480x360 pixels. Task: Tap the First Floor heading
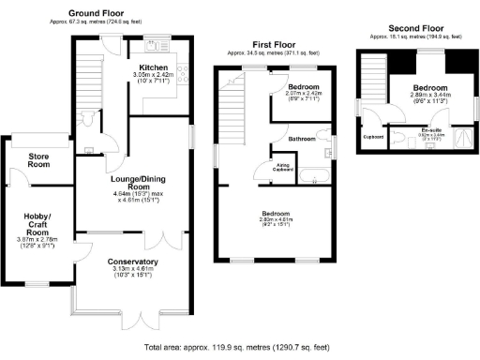click(275, 44)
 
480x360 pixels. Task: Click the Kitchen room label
click(154, 68)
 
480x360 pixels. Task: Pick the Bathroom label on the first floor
click(302, 139)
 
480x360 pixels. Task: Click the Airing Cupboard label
click(283, 167)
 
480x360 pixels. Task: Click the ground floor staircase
click(86, 75)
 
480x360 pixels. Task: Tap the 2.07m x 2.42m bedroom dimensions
click(303, 95)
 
